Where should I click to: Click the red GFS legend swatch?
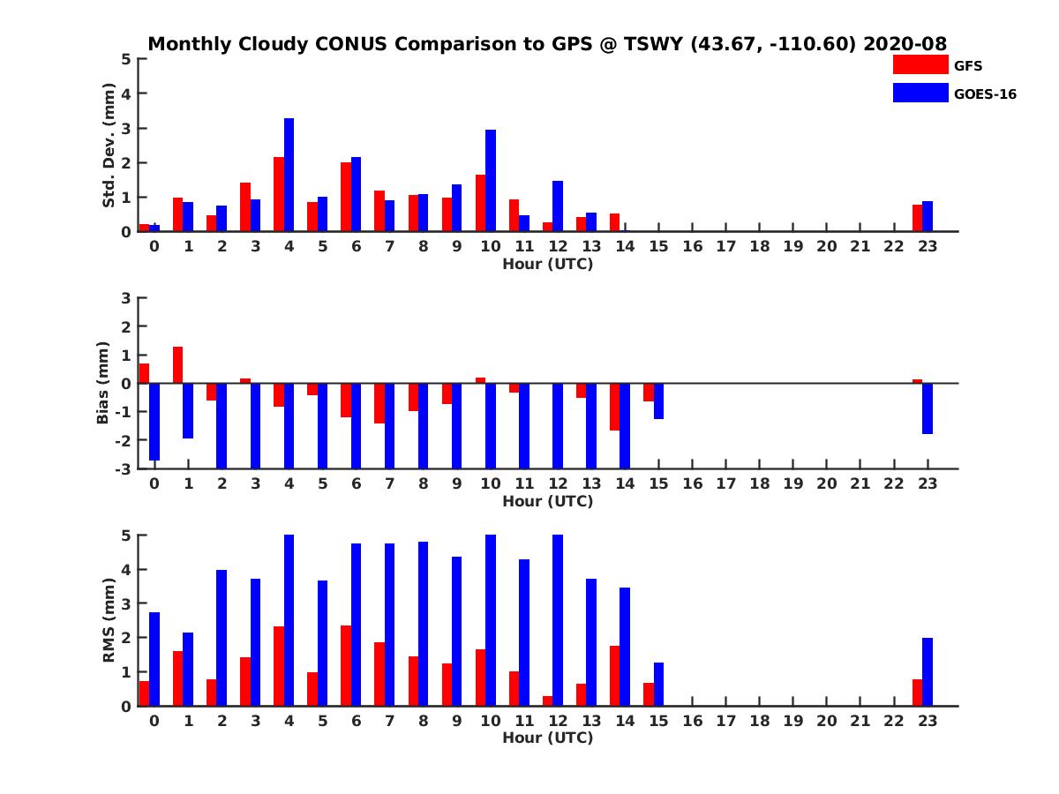[920, 65]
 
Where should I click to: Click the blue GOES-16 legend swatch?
[920, 93]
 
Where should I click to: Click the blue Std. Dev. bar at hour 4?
[289, 175]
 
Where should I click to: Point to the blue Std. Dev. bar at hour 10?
[491, 181]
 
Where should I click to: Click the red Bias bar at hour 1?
[177, 365]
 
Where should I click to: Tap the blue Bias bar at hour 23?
[928, 408]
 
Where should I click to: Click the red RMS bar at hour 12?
[547, 700]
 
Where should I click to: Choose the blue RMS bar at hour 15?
[658, 684]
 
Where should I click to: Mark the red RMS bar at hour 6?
[346, 665]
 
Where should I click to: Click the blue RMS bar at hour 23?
[928, 671]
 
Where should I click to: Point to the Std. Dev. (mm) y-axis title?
[109, 146]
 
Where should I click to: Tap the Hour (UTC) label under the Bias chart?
[547, 501]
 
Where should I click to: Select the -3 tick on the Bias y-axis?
[124, 468]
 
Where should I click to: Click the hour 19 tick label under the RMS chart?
[792, 721]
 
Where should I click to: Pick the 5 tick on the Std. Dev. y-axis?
[127, 59]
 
